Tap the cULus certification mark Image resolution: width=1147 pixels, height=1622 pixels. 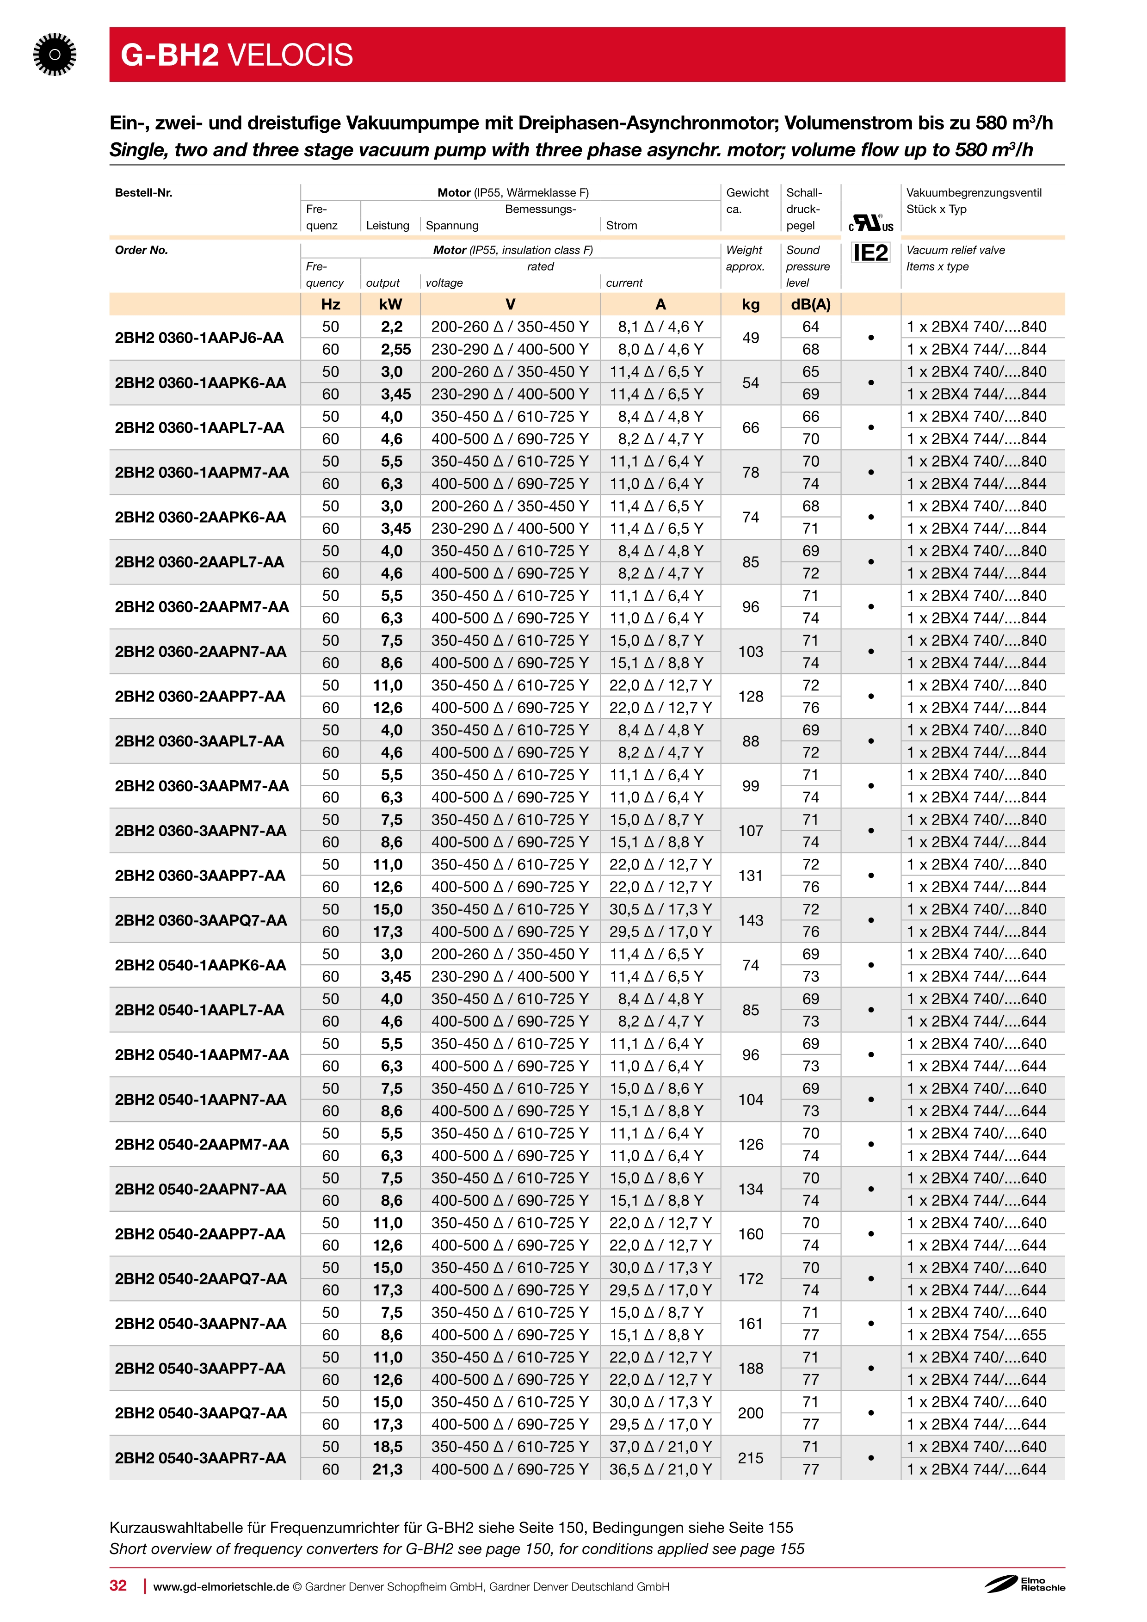pos(871,223)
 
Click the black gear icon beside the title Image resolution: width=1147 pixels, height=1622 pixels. pos(55,55)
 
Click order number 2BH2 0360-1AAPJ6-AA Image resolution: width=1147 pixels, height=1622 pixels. pos(199,338)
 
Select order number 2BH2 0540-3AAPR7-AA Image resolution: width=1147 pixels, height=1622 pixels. pos(201,1457)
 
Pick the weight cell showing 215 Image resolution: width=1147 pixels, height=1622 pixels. pos(750,1457)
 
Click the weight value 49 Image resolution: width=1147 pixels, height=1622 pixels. pos(750,338)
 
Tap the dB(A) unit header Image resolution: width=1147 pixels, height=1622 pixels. pos(810,304)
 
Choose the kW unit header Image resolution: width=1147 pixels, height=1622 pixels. pos(390,304)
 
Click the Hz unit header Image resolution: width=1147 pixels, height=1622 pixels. pos(331,304)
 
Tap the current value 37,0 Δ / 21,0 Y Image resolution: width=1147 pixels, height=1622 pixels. pos(660,1446)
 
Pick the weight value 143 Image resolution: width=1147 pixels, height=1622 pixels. pos(750,920)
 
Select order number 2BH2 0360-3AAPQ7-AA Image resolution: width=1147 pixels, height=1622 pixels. pos(201,920)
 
